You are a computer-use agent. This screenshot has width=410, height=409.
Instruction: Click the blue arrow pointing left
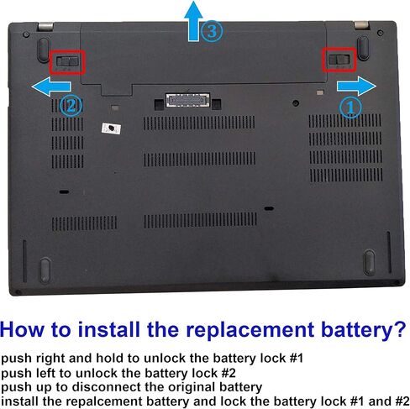click(53, 85)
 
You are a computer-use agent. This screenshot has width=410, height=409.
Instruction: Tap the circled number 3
click(212, 32)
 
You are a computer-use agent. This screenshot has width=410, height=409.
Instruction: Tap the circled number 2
click(71, 106)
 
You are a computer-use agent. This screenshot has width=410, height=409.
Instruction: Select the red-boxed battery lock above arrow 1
click(340, 60)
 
